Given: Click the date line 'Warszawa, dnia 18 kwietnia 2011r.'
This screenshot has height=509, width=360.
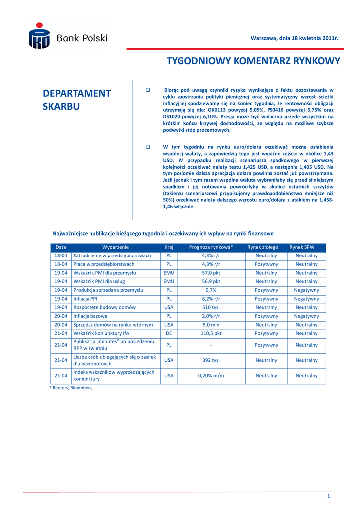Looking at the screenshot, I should click(294, 38).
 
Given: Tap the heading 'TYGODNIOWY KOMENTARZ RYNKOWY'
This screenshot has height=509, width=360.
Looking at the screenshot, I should click(253, 61).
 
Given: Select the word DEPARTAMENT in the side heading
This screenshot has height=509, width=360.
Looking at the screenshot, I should click(77, 94).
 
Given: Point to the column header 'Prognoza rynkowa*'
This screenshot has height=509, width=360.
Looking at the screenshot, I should click(211, 247).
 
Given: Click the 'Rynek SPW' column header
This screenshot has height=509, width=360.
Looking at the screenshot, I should click(302, 247).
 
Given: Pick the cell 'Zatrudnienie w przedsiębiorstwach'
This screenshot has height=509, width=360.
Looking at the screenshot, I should click(112, 255).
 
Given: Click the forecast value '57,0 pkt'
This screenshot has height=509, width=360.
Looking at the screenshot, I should click(211, 273).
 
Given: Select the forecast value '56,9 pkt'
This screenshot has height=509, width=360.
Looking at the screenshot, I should click(211, 281).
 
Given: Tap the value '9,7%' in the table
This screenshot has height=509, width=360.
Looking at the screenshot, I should click(211, 290).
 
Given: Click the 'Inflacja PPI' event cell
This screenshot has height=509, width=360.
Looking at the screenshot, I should click(86, 299).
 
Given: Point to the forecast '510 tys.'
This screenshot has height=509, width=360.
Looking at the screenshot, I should click(211, 307).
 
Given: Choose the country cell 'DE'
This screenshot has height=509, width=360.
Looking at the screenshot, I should click(169, 333).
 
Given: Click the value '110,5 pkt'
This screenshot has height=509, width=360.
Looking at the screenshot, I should click(211, 333).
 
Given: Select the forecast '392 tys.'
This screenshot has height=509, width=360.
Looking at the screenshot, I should click(211, 360).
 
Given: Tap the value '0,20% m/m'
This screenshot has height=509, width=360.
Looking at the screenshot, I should click(211, 376).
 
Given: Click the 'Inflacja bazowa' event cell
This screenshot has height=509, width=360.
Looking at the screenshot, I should click(90, 316).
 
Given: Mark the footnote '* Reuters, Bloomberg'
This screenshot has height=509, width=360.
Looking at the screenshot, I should click(70, 388).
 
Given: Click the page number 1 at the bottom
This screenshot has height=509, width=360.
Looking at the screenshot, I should click(329, 497).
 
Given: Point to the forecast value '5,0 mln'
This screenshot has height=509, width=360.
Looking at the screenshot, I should click(211, 325).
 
